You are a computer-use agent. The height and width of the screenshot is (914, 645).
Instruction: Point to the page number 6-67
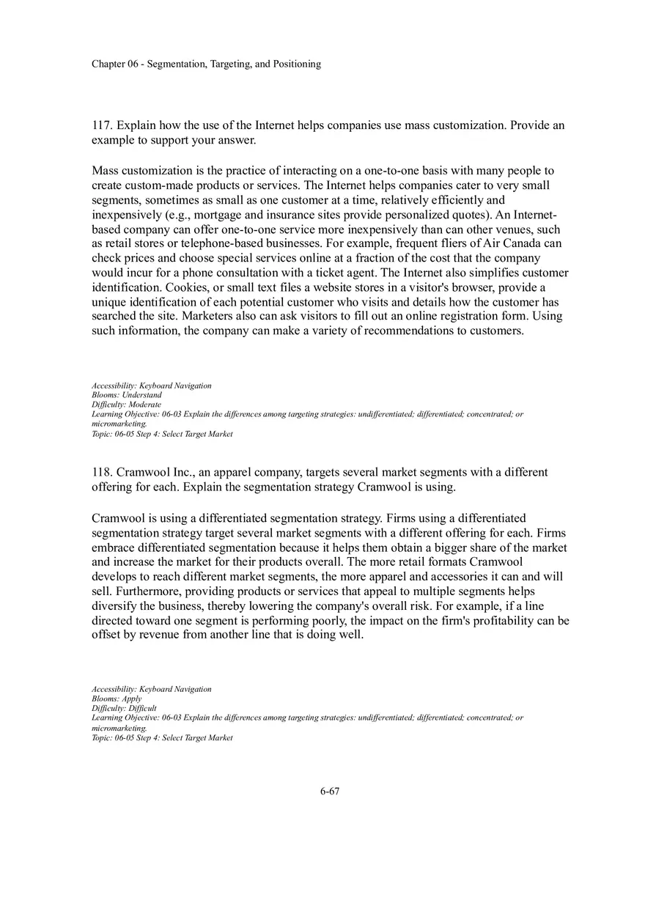(330, 791)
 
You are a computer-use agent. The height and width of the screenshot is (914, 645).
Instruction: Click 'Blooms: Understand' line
(127, 395)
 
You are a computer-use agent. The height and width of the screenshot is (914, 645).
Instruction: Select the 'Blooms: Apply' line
(117, 699)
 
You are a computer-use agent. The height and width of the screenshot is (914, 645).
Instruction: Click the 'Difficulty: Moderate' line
(127, 405)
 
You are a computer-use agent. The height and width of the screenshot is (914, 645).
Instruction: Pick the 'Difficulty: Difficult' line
(125, 708)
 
